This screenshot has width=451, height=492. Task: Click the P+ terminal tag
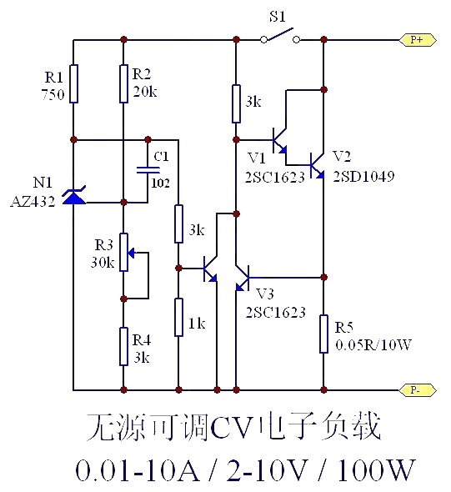click(418, 40)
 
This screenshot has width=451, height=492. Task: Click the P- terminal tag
click(418, 390)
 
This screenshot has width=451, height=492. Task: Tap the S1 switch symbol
click(280, 36)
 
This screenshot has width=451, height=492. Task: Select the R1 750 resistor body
click(73, 83)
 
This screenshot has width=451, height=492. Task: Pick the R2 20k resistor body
click(124, 83)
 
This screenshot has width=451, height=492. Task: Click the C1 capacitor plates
click(148, 170)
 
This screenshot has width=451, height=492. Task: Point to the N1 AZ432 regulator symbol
click(74, 196)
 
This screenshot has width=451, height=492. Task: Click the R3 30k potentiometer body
click(124, 252)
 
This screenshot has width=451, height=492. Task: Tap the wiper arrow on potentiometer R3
click(132, 253)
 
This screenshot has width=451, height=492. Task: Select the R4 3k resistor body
click(124, 346)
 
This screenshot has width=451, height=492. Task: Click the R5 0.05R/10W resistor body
click(324, 334)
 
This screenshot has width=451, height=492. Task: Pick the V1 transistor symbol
click(279, 140)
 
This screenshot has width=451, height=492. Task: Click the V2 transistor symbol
click(317, 165)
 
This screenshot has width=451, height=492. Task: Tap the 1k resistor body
click(178, 317)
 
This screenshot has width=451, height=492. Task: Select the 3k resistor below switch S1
click(236, 103)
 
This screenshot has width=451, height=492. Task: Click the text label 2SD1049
click(363, 177)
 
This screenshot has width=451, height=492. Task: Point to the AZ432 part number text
click(33, 201)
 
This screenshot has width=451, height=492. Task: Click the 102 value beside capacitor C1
click(161, 183)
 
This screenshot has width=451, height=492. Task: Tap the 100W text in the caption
click(376, 469)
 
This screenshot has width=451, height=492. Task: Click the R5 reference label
click(344, 328)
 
